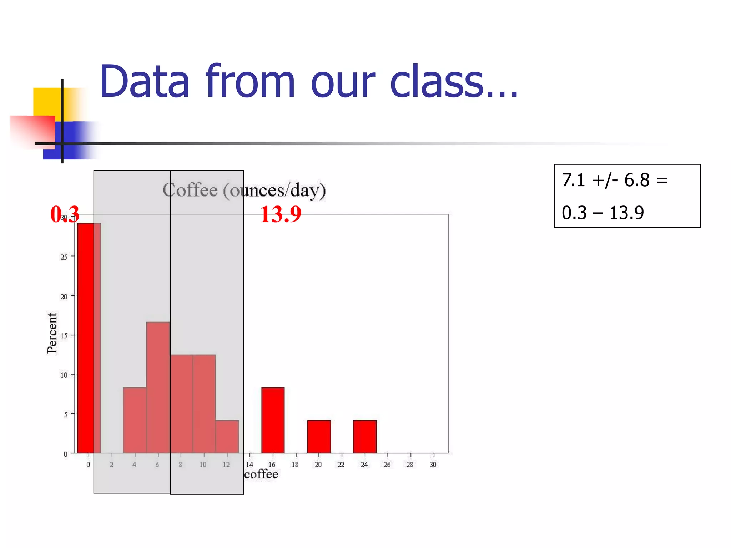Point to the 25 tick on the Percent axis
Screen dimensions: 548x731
coord(64,257)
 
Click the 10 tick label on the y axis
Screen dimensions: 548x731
coord(64,375)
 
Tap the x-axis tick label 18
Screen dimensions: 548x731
coord(295,465)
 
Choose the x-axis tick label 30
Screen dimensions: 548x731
coord(433,465)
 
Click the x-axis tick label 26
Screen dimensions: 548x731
coord(387,465)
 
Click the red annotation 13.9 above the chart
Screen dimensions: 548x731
coord(281,214)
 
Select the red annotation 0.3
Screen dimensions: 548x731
coord(65,214)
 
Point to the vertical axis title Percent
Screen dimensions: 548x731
coord(52,333)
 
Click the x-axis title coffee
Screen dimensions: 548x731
coord(261,474)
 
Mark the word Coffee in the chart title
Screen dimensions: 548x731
coord(190,190)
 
